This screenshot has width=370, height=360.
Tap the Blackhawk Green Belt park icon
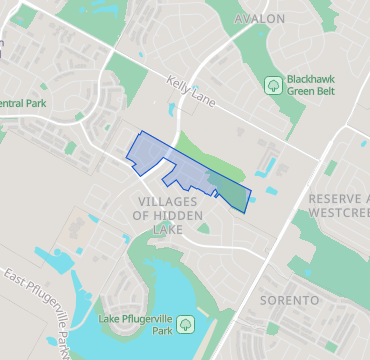click(x=273, y=85)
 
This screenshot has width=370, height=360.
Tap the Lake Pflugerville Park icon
click(x=187, y=325)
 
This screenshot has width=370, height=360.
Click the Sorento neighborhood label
click(x=289, y=300)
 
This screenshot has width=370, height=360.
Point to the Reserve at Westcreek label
click(x=339, y=205)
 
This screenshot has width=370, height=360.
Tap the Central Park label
click(x=23, y=103)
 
